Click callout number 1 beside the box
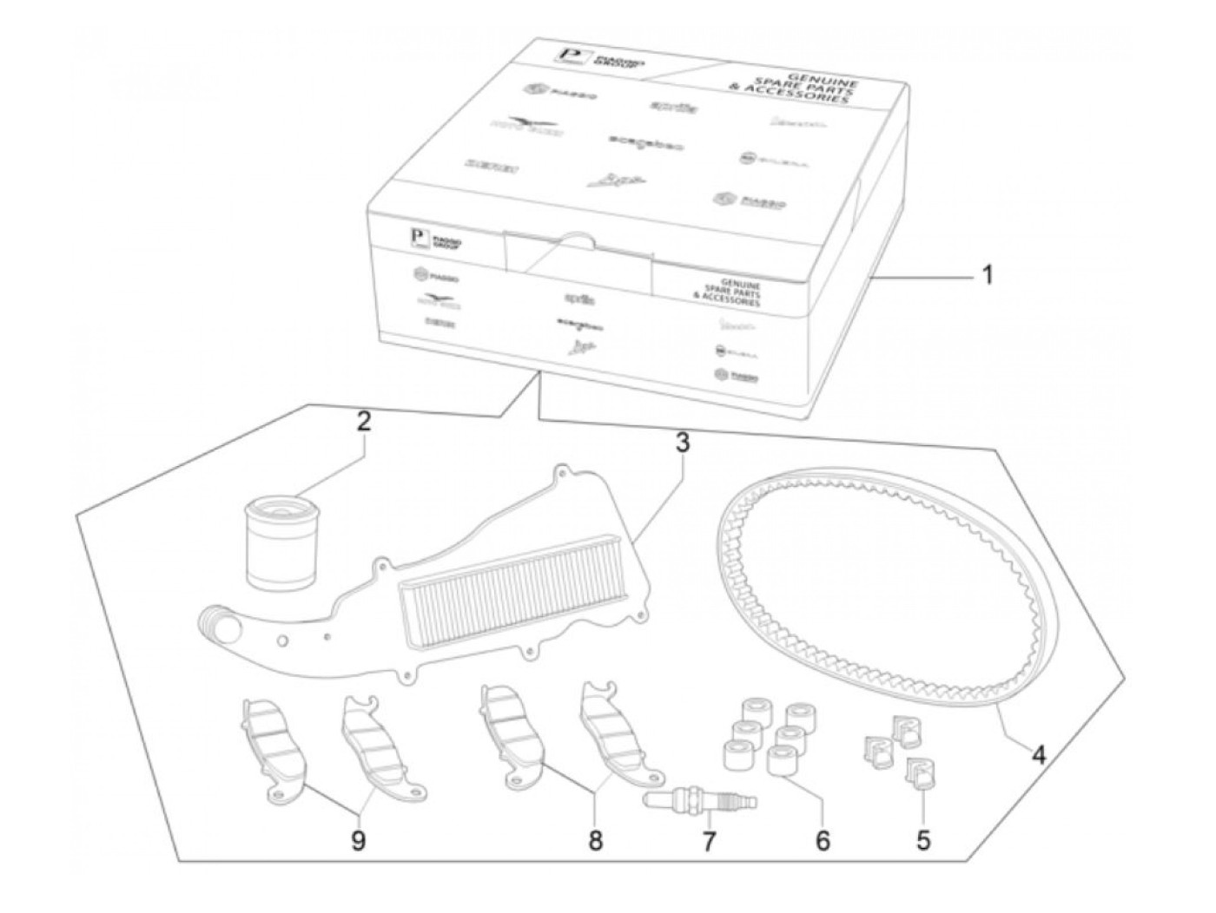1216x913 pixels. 986,277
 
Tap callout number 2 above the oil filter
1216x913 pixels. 364,423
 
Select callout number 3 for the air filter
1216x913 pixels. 683,443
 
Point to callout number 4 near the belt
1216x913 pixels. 1037,754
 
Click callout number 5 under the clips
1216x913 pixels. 923,839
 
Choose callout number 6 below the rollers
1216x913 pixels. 823,839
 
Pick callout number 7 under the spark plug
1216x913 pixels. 710,840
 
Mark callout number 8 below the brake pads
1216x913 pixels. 595,840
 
